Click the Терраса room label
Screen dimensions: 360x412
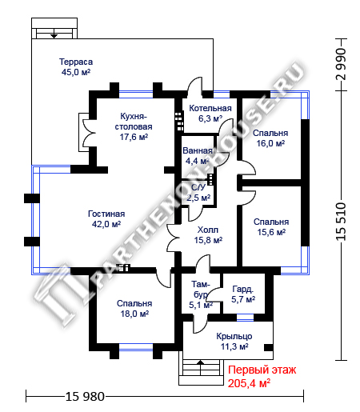(x=76, y=62)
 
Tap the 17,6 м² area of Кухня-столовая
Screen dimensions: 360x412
(x=134, y=137)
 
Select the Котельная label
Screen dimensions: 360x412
(x=210, y=108)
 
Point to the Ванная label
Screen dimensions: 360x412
(x=198, y=150)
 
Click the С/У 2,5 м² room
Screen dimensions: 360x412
(x=198, y=193)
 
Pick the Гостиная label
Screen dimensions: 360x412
(x=106, y=214)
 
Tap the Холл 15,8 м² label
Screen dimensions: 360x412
(x=208, y=235)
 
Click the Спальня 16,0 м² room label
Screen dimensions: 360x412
(x=270, y=138)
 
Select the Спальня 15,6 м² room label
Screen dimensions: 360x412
(x=271, y=227)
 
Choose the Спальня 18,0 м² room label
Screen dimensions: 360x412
(x=134, y=309)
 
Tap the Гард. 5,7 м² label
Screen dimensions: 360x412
(x=243, y=294)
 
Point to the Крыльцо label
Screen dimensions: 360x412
(x=234, y=337)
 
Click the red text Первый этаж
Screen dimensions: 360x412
(x=262, y=370)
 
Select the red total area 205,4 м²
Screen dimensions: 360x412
(x=249, y=383)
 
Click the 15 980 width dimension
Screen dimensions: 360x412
(x=85, y=397)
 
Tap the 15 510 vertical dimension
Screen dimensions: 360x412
(x=341, y=222)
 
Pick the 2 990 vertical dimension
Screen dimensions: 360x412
(x=341, y=64)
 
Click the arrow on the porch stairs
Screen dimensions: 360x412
(x=200, y=362)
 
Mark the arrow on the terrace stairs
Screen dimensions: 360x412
(x=54, y=35)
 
